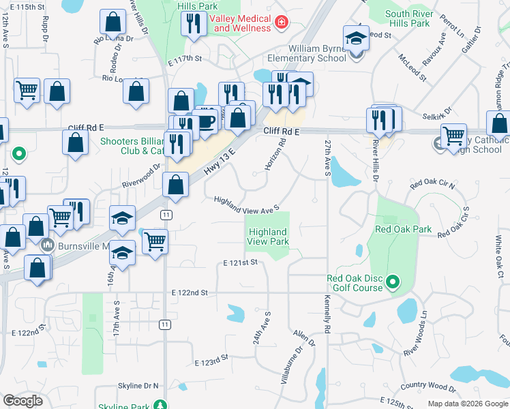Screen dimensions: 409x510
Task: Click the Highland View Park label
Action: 267,237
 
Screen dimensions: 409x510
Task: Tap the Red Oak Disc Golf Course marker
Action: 393,281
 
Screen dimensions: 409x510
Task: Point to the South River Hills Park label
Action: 407,18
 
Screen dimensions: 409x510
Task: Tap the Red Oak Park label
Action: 404,230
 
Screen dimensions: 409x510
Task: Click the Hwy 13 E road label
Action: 219,161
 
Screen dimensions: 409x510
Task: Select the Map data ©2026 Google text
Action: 467,404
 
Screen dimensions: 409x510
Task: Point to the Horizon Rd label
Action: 279,155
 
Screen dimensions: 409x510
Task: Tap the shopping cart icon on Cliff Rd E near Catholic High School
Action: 453,135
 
